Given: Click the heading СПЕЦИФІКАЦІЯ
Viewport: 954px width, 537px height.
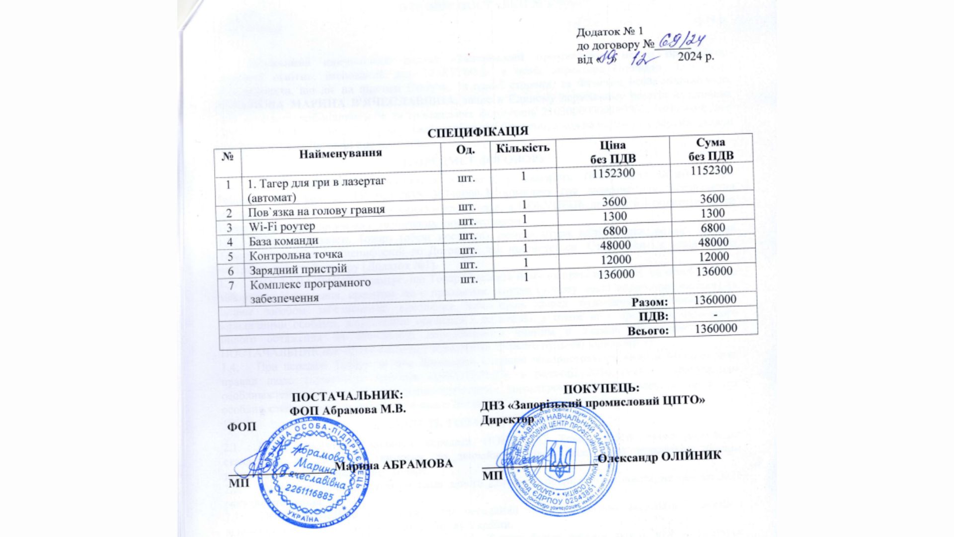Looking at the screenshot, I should click(477, 133).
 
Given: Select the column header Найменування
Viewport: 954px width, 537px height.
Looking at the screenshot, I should click(340, 153).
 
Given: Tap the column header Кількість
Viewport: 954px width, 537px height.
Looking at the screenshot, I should click(523, 148).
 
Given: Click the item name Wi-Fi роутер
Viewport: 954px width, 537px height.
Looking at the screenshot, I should click(282, 227).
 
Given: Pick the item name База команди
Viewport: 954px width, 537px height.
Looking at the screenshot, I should click(283, 241).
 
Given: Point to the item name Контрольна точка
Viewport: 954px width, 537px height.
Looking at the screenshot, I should click(296, 255).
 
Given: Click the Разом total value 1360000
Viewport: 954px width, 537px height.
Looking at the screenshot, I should click(715, 300).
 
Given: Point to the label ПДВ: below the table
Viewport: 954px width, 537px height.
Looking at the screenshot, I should click(653, 316).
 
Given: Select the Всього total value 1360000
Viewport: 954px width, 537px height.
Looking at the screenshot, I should click(715, 329).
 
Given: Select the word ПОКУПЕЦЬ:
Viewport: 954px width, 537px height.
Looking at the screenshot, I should click(601, 388).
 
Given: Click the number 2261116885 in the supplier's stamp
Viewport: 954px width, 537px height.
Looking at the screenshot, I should click(311, 496).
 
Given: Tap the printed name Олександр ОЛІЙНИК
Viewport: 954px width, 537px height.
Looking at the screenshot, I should click(659, 456).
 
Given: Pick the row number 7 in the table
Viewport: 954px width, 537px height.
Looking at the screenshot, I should click(231, 286).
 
